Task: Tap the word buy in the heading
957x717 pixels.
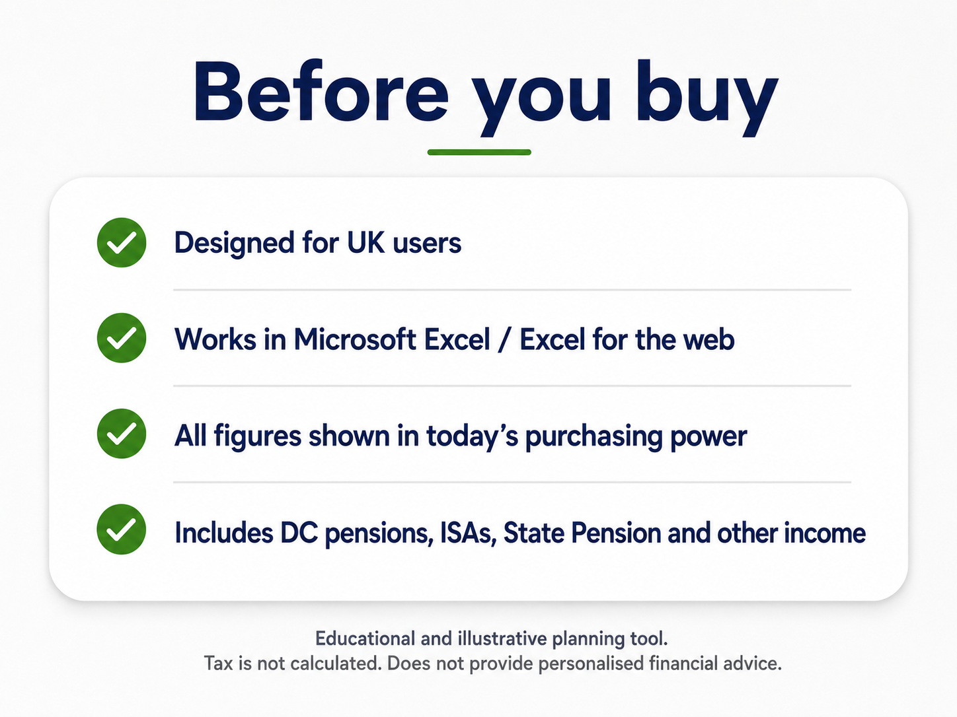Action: [707, 98]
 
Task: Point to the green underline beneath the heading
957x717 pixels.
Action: [479, 152]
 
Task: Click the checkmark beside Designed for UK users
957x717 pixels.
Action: [122, 242]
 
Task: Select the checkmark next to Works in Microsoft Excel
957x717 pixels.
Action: [122, 338]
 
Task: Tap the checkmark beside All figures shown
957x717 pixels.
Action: [122, 434]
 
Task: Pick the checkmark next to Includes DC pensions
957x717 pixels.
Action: [122, 529]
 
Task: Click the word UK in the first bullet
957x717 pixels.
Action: [365, 242]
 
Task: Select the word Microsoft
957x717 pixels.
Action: [355, 339]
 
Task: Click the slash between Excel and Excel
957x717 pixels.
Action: [504, 339]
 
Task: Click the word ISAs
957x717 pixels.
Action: [468, 533]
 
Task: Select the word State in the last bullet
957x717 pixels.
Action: [534, 532]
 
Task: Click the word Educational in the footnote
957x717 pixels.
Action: [365, 638]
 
